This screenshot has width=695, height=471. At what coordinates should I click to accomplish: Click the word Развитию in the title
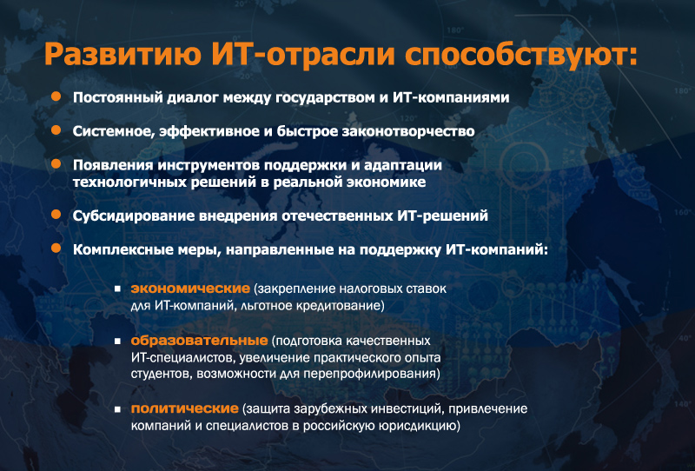point(122,54)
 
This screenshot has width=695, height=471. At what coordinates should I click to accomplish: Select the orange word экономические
point(190,289)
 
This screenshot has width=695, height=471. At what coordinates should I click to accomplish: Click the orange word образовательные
point(199,341)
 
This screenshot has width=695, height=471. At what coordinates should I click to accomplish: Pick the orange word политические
point(185,408)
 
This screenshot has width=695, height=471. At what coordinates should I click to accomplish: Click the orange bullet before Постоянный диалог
point(56,96)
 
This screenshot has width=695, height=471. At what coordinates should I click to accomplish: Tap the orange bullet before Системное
point(56,130)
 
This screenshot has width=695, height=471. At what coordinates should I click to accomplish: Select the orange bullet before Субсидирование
point(56,215)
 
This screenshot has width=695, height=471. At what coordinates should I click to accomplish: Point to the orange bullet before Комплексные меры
point(56,248)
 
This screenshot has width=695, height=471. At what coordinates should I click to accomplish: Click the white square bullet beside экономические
point(117,289)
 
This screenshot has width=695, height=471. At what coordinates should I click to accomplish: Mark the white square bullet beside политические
point(117,409)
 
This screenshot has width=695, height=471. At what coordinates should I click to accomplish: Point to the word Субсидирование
point(133,216)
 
